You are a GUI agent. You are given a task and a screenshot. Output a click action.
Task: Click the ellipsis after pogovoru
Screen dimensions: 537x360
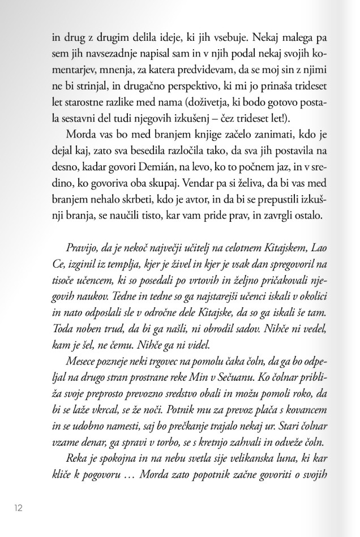(145, 472)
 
